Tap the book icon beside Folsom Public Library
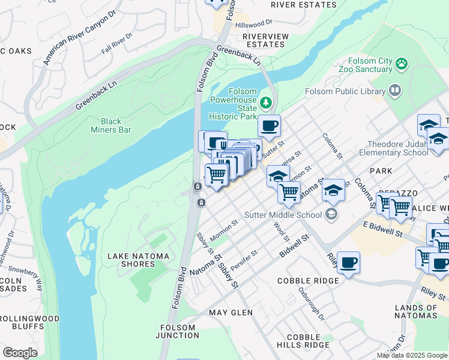[394, 91]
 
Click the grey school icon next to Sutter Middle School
[331, 214]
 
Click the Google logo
[20, 353]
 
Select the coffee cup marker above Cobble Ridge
[348, 262]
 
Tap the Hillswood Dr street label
[254, 25]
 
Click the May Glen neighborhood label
[228, 313]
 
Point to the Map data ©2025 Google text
[412, 355]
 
